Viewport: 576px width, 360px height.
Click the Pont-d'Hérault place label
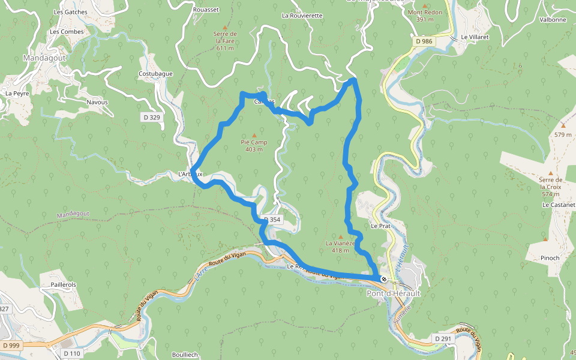[x=394, y=293]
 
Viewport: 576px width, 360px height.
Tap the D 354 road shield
[x=272, y=220]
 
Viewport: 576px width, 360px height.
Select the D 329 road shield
[x=152, y=118]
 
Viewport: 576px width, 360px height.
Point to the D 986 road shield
[x=424, y=41]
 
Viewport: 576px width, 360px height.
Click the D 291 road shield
[x=442, y=339]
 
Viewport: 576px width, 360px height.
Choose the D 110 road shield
[x=71, y=354]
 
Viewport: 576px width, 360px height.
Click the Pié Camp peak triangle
[x=254, y=135]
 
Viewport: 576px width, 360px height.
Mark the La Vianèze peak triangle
[x=341, y=236]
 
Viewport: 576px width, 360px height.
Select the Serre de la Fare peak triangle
[x=225, y=27]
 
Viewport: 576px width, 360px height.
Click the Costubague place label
[x=155, y=74]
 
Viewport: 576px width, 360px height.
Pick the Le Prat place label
[x=380, y=226]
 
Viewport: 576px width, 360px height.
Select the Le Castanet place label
[x=558, y=205]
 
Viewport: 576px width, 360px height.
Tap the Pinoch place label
[x=550, y=258]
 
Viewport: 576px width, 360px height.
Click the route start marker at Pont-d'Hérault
[x=383, y=279]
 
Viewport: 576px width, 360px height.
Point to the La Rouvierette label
[x=302, y=16]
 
